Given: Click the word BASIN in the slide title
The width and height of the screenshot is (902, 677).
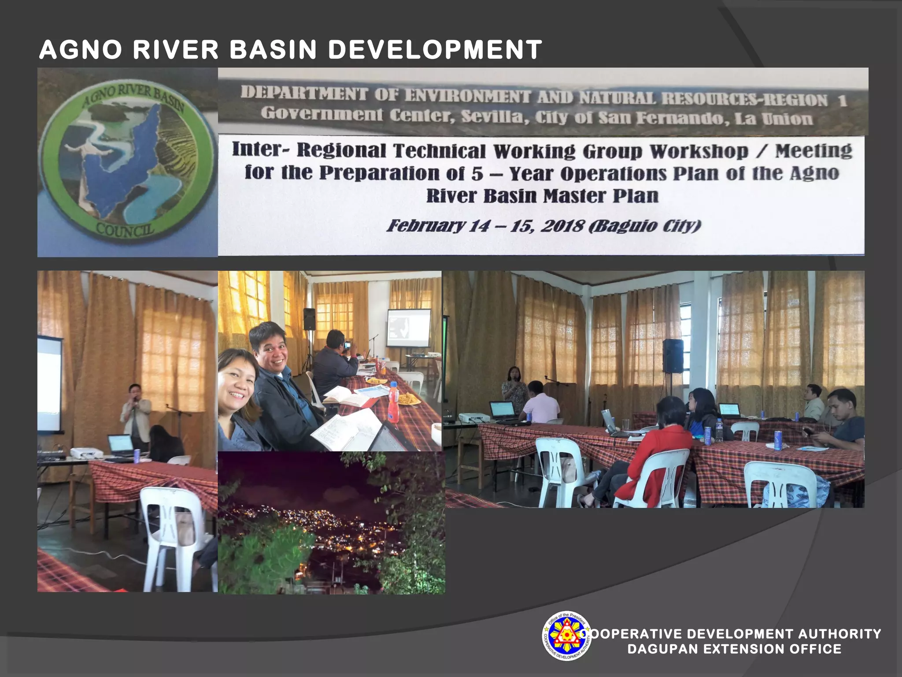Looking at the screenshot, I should [x=273, y=49].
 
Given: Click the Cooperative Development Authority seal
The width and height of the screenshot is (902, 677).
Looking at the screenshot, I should [x=567, y=636].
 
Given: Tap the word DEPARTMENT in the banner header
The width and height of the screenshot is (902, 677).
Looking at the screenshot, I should [x=304, y=93].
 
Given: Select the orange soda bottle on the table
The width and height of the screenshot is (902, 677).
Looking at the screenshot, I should [x=393, y=402].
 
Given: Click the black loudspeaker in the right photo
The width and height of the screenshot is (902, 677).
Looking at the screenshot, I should [x=673, y=356].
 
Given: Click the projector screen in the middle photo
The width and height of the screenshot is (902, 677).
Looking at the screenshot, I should [x=408, y=328].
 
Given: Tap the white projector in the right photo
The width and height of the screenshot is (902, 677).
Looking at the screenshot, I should [x=474, y=417].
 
